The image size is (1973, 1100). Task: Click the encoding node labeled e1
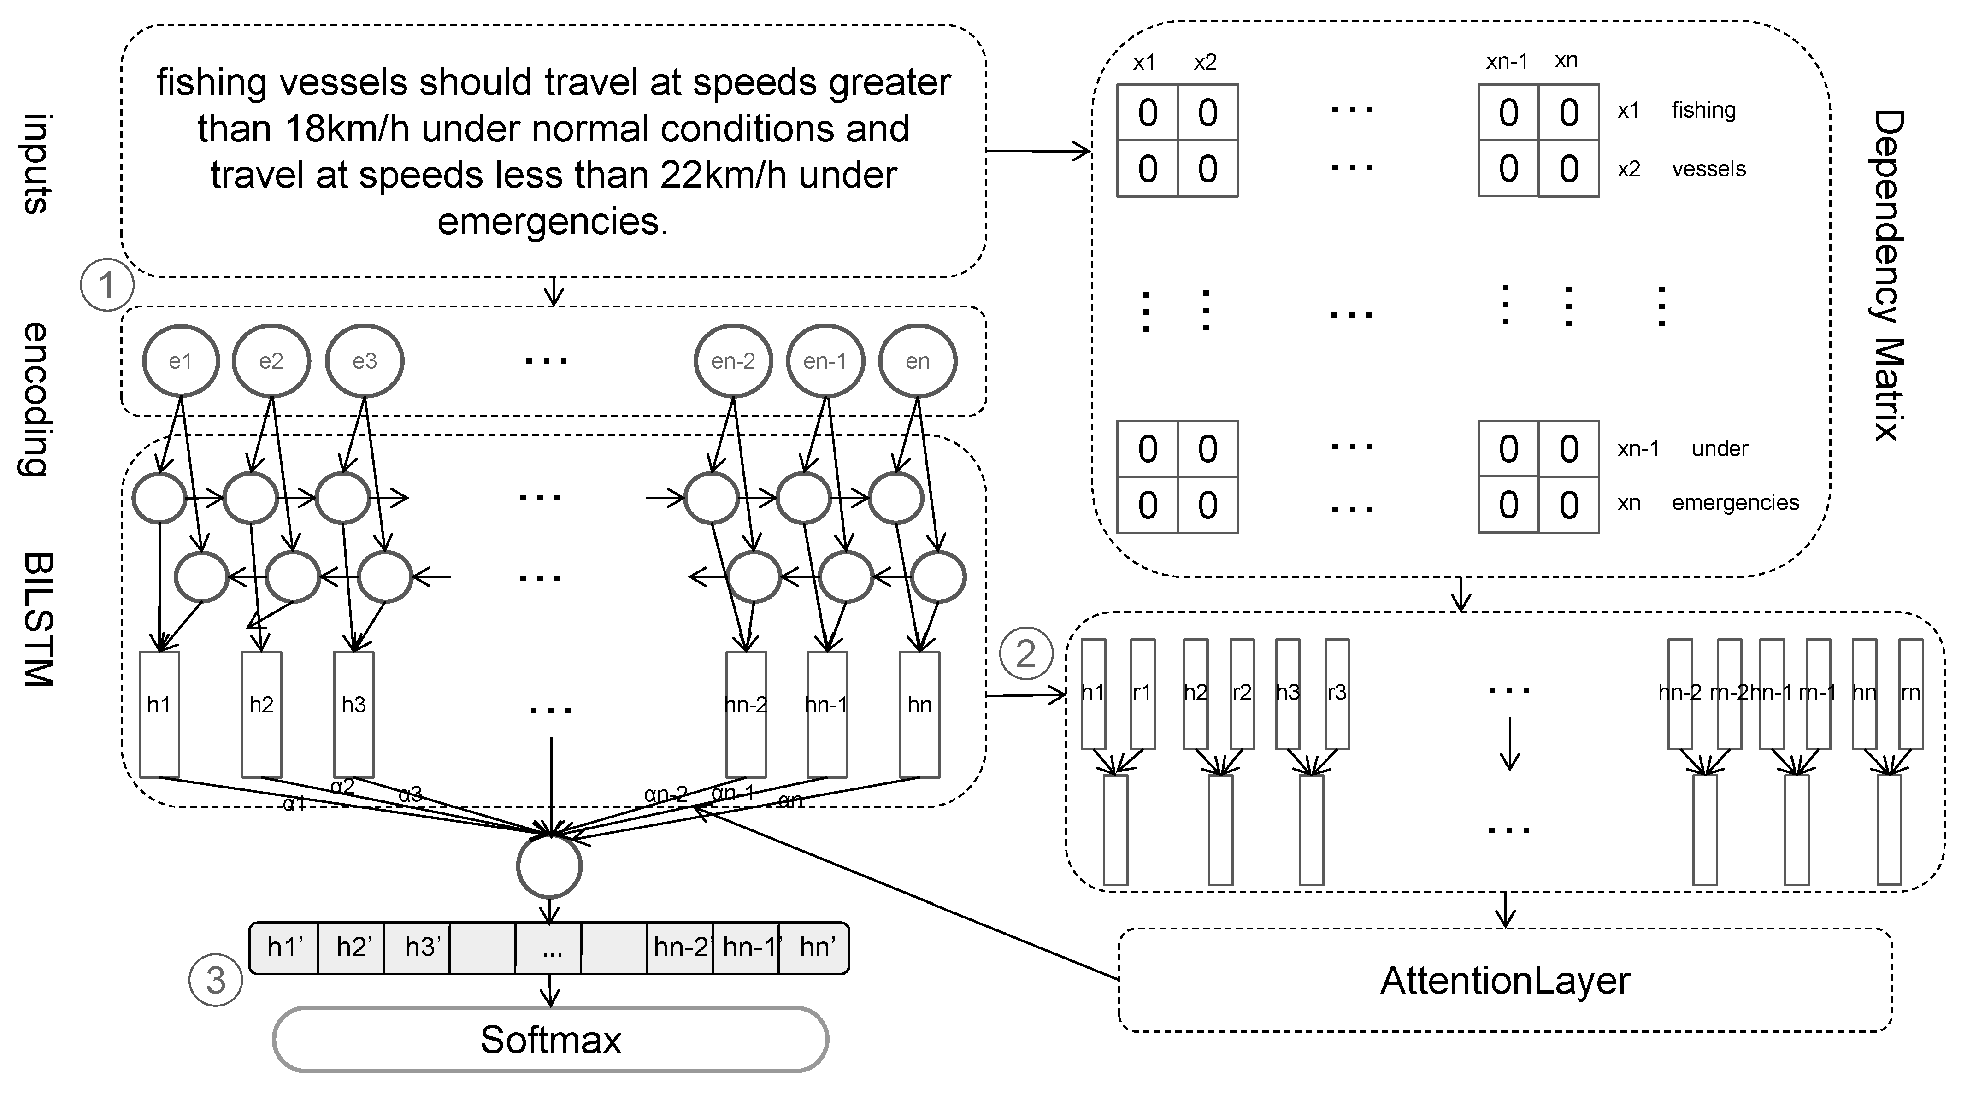pos(181,361)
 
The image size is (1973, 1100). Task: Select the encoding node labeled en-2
pos(733,361)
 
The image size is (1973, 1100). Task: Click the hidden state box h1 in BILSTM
pos(159,714)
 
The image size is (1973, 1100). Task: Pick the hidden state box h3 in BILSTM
pos(354,714)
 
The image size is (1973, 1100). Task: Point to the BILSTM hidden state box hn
pos(919,714)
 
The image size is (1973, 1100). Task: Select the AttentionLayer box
pos(1505,981)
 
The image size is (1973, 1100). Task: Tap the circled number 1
pos(106,285)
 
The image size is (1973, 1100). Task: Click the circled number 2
pos(1025,653)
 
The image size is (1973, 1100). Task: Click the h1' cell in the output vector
pos(284,947)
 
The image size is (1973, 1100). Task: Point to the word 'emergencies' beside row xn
pos(1735,502)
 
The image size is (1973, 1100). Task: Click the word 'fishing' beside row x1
pos(1703,110)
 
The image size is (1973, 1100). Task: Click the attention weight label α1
pos(295,804)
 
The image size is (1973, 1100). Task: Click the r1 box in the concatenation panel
pos(1142,693)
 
